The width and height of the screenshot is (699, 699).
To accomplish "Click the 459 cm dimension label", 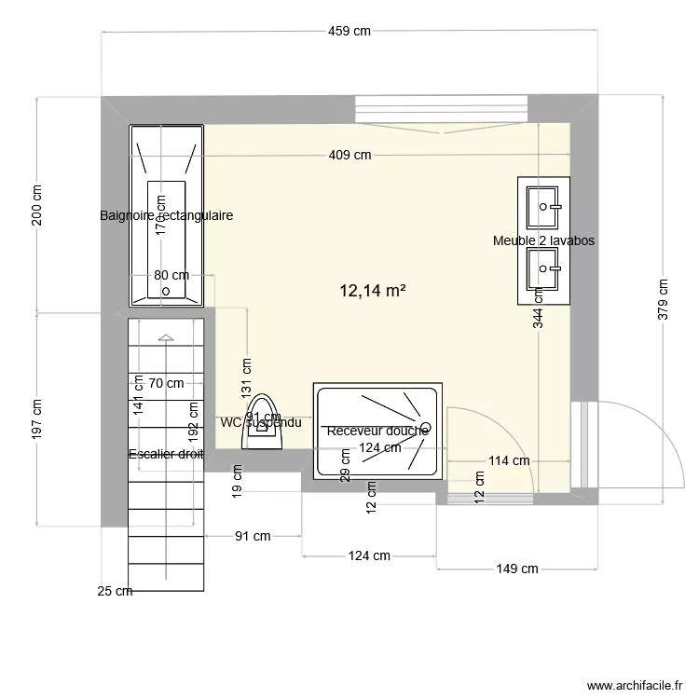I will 349,31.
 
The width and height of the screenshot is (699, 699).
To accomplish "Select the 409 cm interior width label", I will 349,155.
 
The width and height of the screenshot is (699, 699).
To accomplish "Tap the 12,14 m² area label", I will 372,292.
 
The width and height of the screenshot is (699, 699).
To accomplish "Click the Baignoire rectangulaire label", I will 166,215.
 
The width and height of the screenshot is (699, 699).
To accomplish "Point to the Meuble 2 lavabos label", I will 543,240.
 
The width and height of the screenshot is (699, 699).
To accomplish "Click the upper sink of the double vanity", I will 544,207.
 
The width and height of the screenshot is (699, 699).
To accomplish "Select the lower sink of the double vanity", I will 544,272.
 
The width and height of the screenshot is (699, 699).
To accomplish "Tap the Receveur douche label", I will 377,431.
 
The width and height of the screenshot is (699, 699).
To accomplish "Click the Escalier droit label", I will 166,454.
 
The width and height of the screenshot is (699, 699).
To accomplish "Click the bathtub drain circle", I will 166,291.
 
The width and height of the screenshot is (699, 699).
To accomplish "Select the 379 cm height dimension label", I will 663,299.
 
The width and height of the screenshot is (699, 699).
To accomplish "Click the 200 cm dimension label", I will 36,204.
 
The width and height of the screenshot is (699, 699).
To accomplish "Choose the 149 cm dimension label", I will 516,569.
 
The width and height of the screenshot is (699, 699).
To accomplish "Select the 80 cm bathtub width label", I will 171,275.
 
